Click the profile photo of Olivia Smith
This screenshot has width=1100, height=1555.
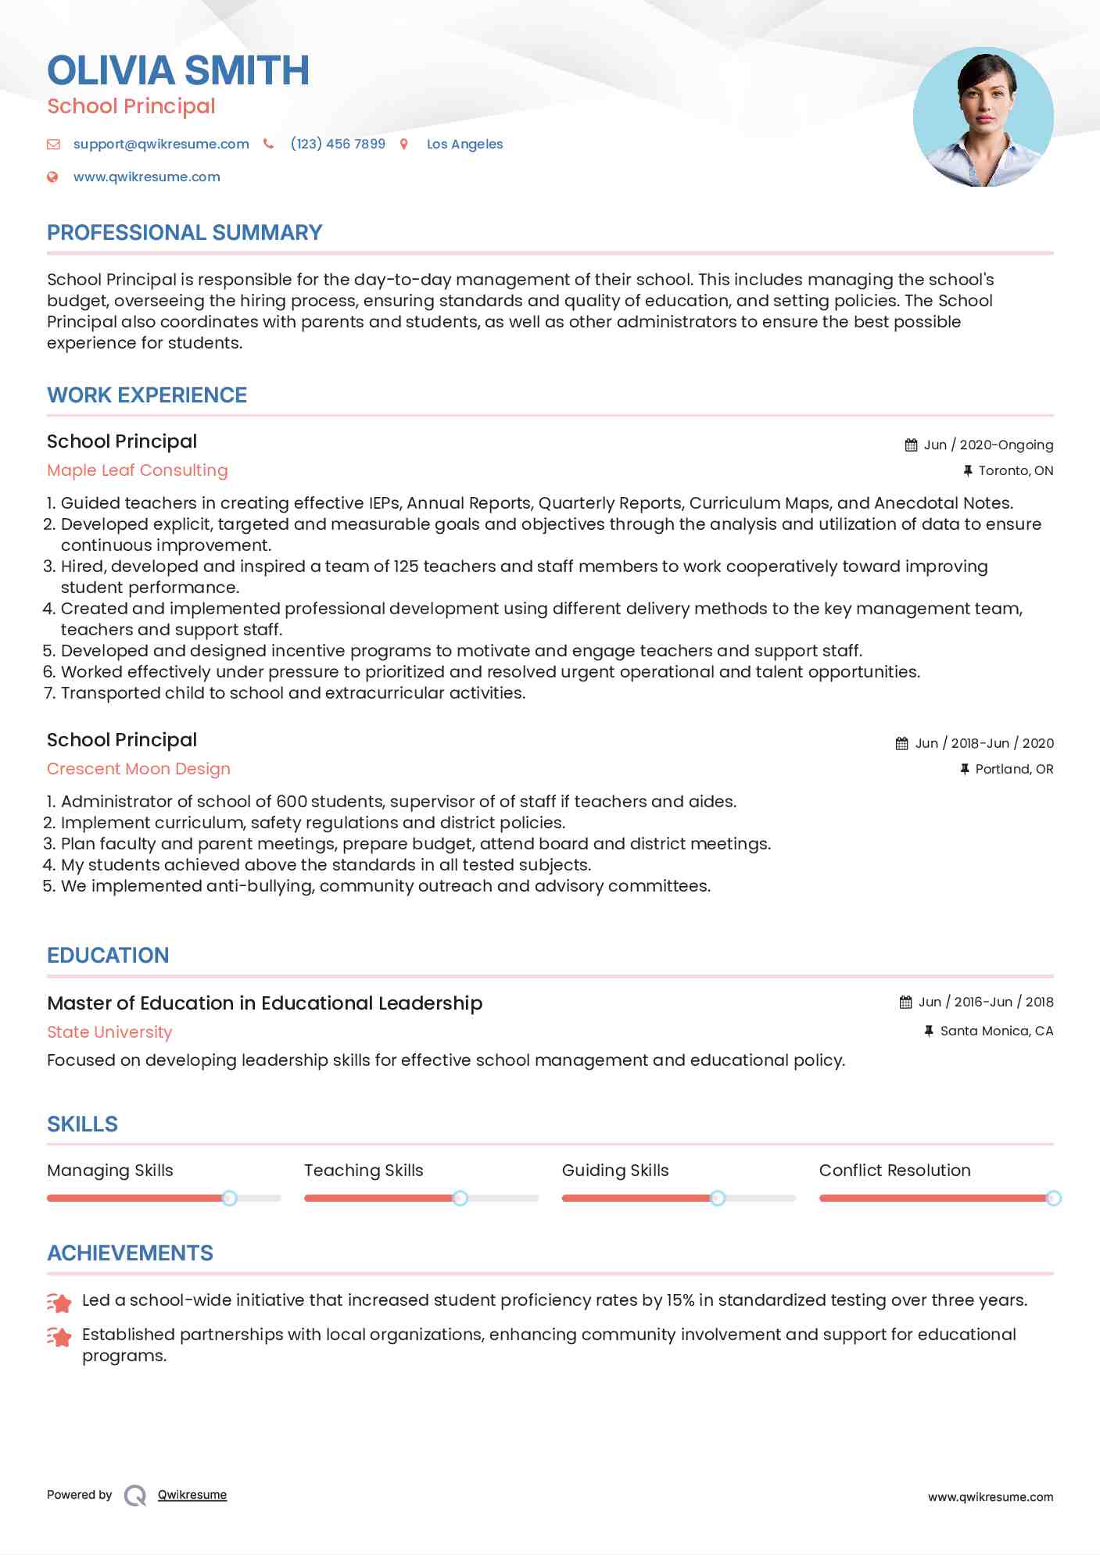tap(983, 117)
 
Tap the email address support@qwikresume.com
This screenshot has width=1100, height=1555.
tap(161, 144)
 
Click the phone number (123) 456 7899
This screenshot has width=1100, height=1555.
tap(338, 144)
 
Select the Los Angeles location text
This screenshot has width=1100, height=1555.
tap(464, 144)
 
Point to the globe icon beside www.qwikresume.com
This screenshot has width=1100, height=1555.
tap(53, 177)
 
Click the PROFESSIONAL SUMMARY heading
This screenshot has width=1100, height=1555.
tap(185, 233)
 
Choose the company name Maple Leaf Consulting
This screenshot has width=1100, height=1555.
tap(138, 470)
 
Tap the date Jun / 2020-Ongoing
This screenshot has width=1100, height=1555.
tap(988, 445)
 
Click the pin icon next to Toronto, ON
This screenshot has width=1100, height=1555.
tap(967, 470)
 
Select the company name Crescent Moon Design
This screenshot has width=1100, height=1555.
tap(138, 769)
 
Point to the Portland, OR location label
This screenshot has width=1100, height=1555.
tap(1014, 769)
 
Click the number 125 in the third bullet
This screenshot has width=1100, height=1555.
tap(406, 567)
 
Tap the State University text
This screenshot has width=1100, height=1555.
tap(109, 1032)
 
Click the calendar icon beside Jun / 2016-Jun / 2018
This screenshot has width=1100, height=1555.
tap(905, 1002)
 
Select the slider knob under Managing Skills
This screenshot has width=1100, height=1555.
tap(229, 1198)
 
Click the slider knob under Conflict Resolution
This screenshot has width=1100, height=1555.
tap(1053, 1198)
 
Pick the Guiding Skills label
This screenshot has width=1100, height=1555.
tap(615, 1171)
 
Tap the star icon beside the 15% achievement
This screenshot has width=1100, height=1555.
tap(59, 1302)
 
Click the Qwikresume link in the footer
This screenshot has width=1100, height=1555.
tap(192, 1495)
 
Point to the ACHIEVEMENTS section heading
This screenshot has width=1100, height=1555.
tap(130, 1253)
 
